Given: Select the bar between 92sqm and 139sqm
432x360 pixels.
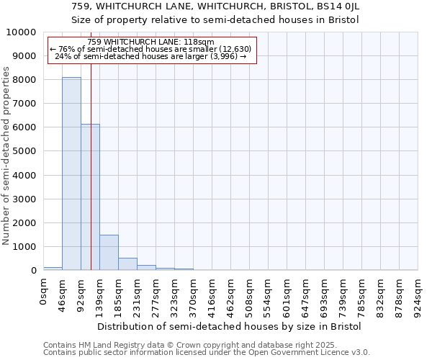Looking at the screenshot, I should point(90,197).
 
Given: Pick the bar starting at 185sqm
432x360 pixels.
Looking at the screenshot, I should point(127,264).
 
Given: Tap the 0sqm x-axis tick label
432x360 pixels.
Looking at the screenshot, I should point(44,293).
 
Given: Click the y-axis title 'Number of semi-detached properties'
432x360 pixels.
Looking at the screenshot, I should point(6,156).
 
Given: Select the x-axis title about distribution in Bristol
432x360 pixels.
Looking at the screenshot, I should point(230,326).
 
